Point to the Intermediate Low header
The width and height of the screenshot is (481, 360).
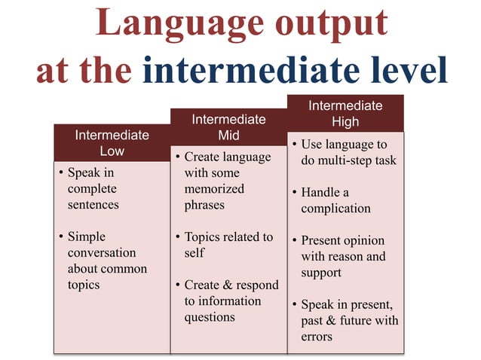coord(112,142)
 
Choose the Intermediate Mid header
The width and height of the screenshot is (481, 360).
coord(228,127)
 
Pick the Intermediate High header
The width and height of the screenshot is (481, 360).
coord(345,113)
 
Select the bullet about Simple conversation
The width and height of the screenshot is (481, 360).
coord(102,261)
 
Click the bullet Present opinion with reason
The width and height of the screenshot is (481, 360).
coord(343,257)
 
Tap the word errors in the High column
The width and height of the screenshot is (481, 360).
coord(317,337)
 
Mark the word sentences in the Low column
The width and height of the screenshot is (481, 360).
coord(93,204)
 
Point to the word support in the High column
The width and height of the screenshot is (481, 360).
coord(322,273)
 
